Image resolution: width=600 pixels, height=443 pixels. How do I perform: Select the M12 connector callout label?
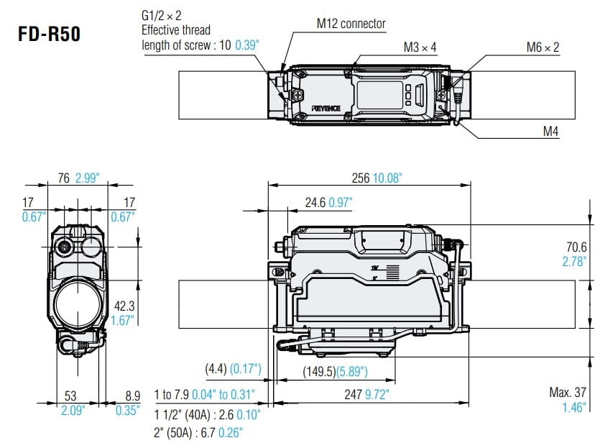tap(351, 24)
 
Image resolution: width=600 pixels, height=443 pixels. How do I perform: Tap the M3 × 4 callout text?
tap(420, 47)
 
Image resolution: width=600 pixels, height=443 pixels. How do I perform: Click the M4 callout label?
tap(550, 131)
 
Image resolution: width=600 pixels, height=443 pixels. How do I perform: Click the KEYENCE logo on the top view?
tap(331, 107)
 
